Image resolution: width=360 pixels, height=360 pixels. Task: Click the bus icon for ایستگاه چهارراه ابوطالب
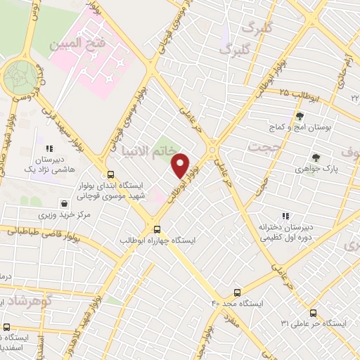pyautogui.click(x=157, y=229)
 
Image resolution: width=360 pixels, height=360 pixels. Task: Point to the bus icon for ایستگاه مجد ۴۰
pyautogui.click(x=236, y=292)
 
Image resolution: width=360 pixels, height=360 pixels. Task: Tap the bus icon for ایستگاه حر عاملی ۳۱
pyautogui.click(x=312, y=313)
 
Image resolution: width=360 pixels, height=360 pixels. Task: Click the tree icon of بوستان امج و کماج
pyautogui.click(x=300, y=115)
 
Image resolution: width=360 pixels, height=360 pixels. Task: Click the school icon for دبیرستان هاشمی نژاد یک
pyautogui.click(x=49, y=149)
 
